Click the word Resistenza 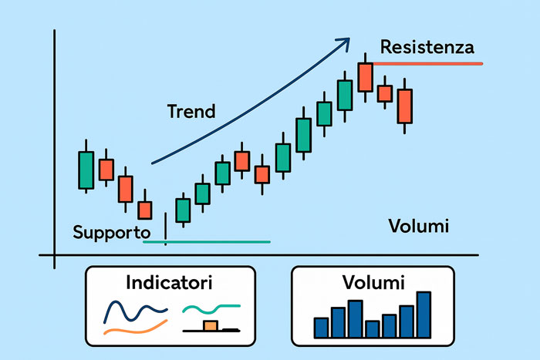427,47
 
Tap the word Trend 191,112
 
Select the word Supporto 112,232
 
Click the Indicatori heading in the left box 169,283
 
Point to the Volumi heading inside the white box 373,283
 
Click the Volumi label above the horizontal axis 419,226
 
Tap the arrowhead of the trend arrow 344,43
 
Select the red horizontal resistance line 427,64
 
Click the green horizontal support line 207,242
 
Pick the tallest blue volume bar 424,315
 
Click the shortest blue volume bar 373,329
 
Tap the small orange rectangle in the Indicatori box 211,325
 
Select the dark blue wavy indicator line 135,311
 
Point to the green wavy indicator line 211,308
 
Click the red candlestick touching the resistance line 365,77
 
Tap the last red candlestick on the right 405,106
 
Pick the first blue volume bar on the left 321,328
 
